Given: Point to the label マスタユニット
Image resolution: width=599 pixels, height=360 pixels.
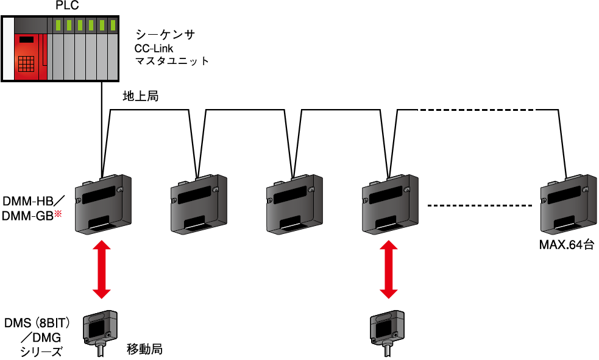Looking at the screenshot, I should tap(172, 61).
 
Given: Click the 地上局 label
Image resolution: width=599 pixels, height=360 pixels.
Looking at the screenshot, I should tap(140, 96).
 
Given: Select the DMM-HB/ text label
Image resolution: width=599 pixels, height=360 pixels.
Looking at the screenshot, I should tap(34, 202).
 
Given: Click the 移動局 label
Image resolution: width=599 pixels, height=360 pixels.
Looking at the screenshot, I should tap(144, 350).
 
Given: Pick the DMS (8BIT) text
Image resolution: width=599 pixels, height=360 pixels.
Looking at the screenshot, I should tap(38, 322).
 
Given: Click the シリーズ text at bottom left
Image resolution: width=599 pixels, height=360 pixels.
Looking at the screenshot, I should tap(41, 351).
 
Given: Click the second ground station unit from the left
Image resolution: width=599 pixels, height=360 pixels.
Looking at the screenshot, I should tap(199, 204).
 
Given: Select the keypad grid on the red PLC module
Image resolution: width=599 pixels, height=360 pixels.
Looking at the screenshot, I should tap(25, 64).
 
